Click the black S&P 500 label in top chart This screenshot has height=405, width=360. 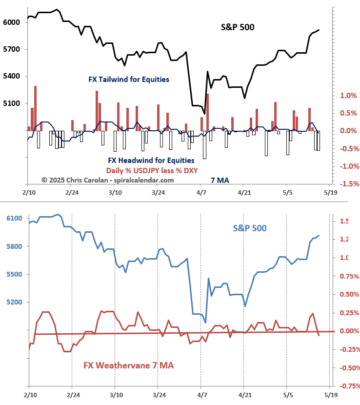[x=238, y=27]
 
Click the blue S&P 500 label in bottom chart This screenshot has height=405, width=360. [x=250, y=228]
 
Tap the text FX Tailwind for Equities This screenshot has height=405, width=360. [x=129, y=79]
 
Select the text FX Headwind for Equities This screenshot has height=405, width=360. [x=151, y=160]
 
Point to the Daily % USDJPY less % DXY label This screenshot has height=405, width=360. [x=152, y=170]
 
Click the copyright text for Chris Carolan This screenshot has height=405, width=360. [x=107, y=180]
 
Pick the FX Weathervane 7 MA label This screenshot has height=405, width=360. [x=129, y=365]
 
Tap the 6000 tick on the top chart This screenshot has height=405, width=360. [x=10, y=22]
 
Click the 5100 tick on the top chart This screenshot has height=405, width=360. [x=10, y=103]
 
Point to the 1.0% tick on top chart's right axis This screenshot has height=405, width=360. [x=346, y=96]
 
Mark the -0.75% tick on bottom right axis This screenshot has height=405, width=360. [x=347, y=386]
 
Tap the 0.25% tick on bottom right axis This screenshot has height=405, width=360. [x=347, y=313]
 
